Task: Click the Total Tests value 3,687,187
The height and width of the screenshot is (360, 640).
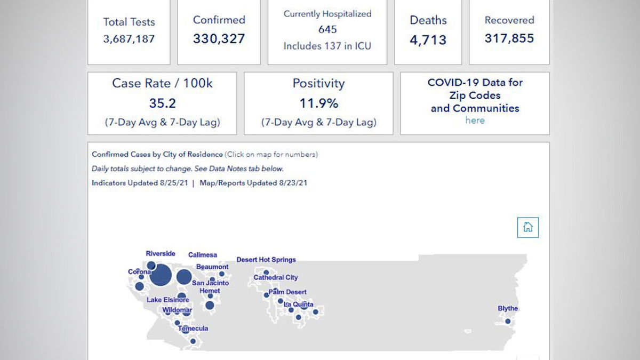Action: pos(129,39)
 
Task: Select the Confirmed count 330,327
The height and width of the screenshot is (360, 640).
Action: pos(219,39)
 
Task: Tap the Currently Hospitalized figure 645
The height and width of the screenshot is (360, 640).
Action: pos(327,30)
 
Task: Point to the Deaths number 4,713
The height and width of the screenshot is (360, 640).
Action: pos(428,39)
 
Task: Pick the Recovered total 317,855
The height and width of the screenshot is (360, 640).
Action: pos(509,38)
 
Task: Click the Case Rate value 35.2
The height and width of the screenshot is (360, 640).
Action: pos(162,103)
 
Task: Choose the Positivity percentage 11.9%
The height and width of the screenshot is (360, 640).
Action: pos(318,103)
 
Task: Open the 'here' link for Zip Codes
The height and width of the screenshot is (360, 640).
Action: pos(475,120)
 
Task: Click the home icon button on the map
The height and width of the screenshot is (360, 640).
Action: pos(528,227)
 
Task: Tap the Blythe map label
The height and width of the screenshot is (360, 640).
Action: pos(508,309)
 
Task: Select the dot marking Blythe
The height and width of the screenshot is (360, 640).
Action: pos(508,321)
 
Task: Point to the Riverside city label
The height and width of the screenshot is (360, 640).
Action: pos(161,254)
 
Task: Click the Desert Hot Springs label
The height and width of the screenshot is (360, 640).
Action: pos(266,260)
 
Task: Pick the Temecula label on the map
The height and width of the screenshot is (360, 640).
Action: pos(193,329)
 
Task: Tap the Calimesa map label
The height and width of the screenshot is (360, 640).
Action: pos(203,255)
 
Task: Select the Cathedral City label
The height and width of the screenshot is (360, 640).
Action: pos(276,278)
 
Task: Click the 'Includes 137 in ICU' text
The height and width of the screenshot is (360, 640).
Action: pos(327,46)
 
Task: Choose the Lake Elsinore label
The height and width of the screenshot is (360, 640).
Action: pos(167,300)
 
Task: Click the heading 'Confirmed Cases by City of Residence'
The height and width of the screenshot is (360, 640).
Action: pos(157,155)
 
